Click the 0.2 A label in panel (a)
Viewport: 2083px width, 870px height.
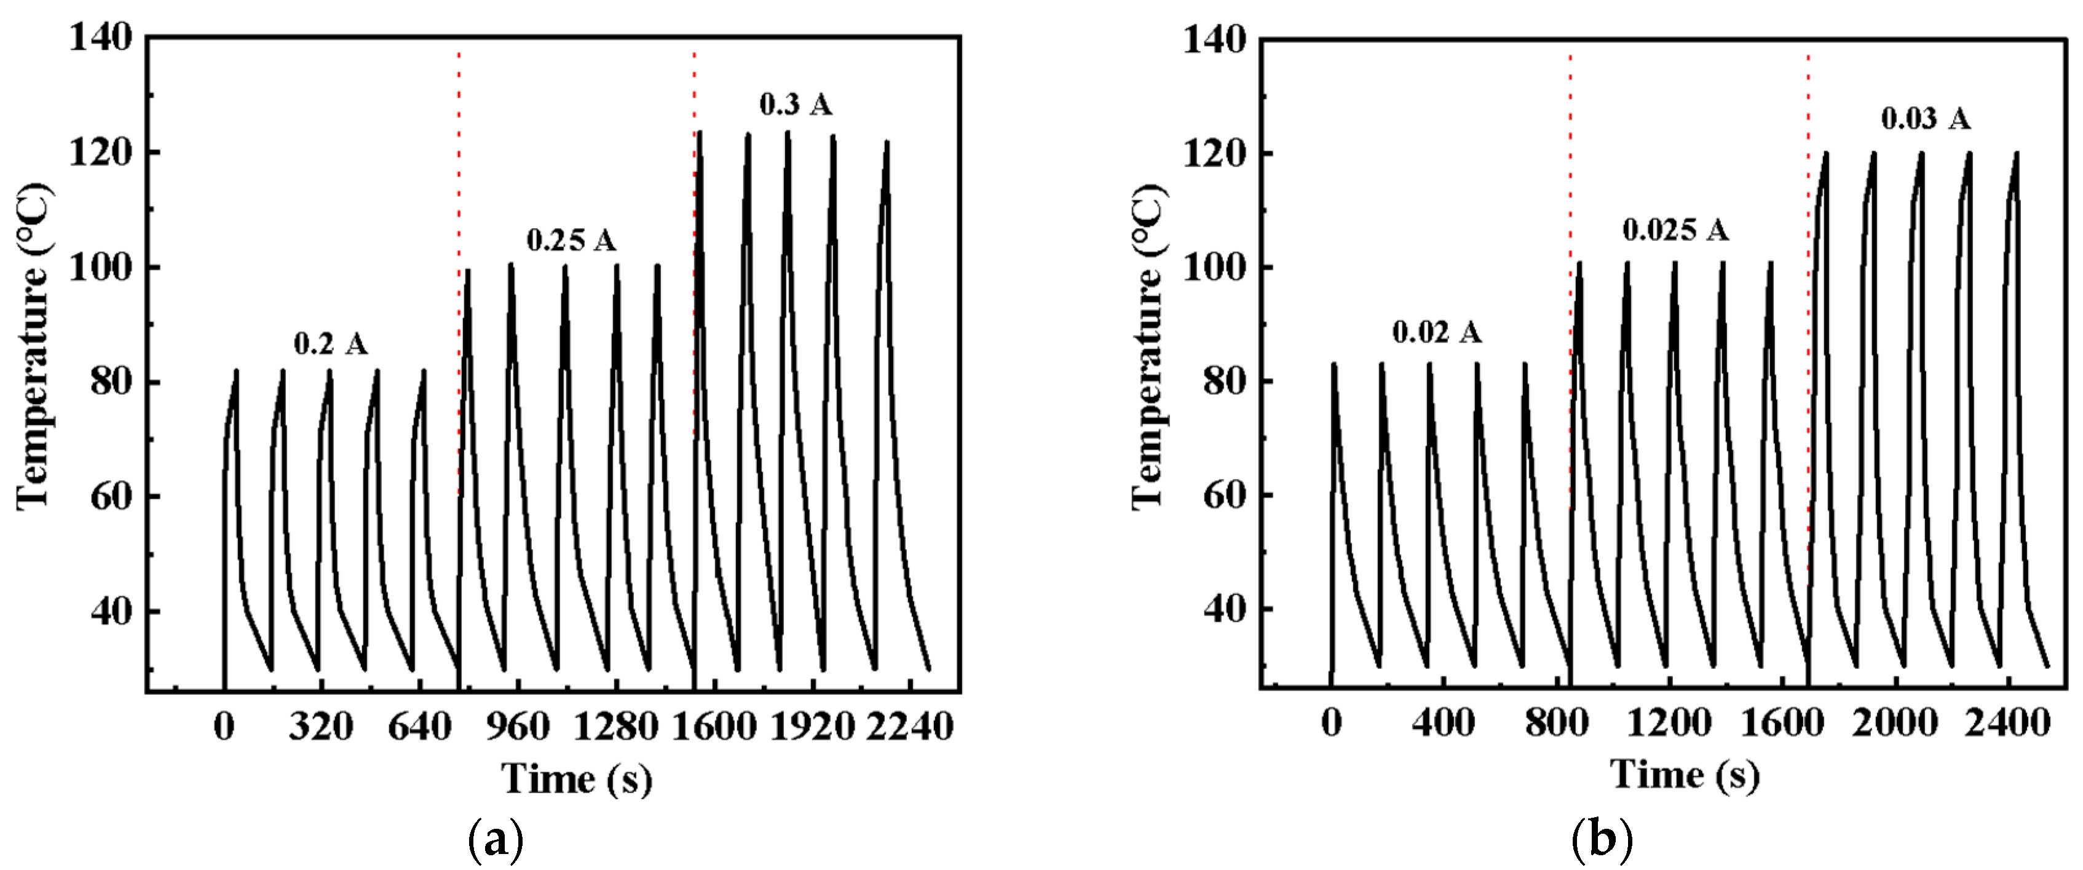click(330, 344)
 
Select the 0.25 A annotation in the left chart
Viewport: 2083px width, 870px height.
click(571, 240)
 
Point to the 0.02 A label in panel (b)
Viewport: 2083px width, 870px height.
click(1437, 331)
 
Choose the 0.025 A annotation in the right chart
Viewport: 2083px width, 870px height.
click(1675, 231)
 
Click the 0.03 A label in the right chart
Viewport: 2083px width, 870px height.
click(1926, 119)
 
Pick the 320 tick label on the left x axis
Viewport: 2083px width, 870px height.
click(321, 727)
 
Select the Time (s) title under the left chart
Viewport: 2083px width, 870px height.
click(577, 778)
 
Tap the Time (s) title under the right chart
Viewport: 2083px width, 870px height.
click(1685, 775)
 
